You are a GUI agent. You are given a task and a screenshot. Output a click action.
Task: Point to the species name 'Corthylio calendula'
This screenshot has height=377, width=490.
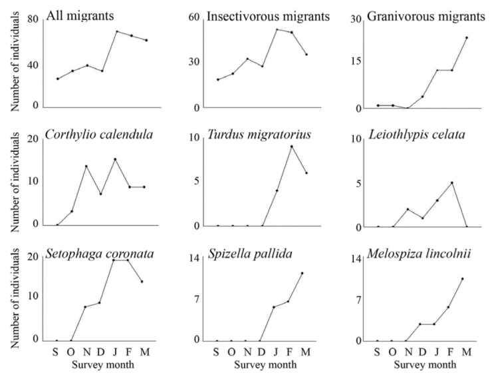click(x=100, y=135)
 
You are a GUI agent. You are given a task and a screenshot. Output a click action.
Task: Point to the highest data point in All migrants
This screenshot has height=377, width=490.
click(x=116, y=31)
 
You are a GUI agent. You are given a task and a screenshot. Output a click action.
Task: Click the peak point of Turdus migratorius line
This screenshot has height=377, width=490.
click(x=291, y=147)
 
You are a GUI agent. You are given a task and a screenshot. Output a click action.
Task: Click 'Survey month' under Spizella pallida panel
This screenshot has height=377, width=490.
click(x=261, y=365)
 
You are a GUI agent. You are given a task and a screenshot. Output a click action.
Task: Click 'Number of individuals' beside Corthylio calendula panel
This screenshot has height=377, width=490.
click(x=11, y=179)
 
